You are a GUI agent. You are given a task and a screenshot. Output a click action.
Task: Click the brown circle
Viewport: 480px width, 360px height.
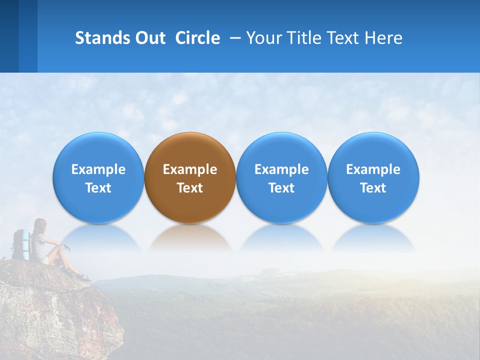click(190, 177)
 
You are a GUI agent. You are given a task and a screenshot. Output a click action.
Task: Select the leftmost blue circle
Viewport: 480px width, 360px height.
click(98, 177)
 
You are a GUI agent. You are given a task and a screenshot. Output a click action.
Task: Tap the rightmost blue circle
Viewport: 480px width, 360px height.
click(373, 177)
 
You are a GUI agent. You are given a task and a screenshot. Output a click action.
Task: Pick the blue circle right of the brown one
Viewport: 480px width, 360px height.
click(281, 177)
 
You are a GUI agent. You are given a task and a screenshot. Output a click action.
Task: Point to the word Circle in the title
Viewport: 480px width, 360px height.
click(197, 38)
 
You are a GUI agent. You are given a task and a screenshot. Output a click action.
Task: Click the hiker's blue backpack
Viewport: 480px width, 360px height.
click(21, 244)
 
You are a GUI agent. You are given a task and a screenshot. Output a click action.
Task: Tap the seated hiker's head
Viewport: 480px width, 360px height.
click(40, 225)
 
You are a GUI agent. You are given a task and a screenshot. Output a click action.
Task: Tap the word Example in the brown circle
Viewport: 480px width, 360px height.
click(190, 169)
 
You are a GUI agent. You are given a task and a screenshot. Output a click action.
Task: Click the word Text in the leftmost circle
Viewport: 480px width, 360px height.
click(98, 188)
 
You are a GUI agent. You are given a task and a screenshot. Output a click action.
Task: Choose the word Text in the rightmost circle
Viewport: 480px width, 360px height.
click(373, 188)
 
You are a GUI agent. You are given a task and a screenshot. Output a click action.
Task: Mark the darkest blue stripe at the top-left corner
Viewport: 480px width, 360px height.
click(9, 36)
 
